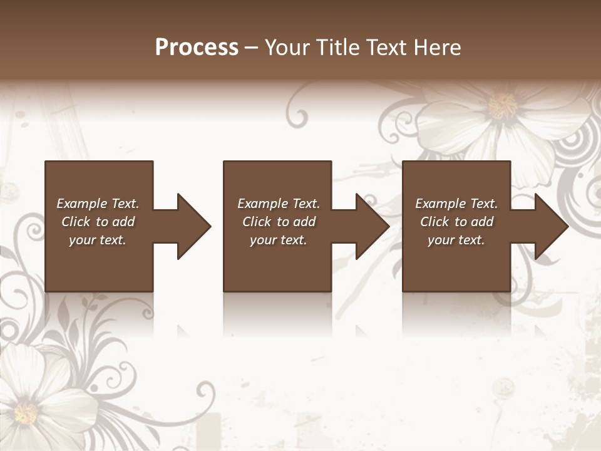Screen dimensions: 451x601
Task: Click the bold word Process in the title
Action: coord(197,48)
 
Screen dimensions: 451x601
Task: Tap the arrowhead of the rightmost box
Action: coord(550,226)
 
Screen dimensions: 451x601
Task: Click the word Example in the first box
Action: coord(82,204)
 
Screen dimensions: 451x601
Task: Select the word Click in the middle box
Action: coord(257,222)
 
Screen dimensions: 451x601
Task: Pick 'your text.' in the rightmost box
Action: coord(456,240)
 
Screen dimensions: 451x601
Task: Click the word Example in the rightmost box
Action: coord(441,204)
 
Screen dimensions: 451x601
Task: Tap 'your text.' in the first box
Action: coord(98,240)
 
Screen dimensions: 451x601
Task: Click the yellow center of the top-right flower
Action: coord(502,105)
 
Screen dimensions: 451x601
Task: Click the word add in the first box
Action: coord(124,222)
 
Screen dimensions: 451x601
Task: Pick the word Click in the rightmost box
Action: coord(434,222)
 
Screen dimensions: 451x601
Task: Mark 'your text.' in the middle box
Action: coord(279,240)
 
